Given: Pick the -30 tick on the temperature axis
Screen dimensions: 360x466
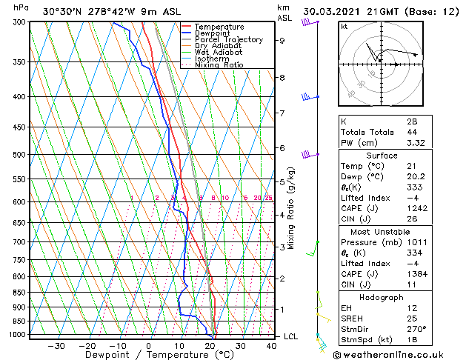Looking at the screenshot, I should point(56,346).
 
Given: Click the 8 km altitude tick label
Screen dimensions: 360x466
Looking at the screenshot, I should point(282,77).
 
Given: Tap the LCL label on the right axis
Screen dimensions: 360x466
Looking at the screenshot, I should point(292,336).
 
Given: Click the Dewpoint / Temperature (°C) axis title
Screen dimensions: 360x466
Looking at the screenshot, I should point(149,356).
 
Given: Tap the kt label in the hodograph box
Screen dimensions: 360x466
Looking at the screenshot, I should point(344,26).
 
